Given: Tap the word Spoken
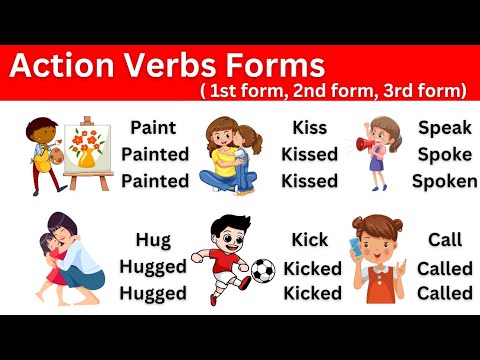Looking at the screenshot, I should [x=444, y=181].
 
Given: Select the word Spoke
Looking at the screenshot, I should [x=444, y=155].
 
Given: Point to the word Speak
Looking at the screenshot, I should [x=444, y=128].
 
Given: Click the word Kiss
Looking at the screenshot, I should [x=309, y=129].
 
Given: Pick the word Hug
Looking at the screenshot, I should [x=153, y=240].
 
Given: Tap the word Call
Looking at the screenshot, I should [x=444, y=240].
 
